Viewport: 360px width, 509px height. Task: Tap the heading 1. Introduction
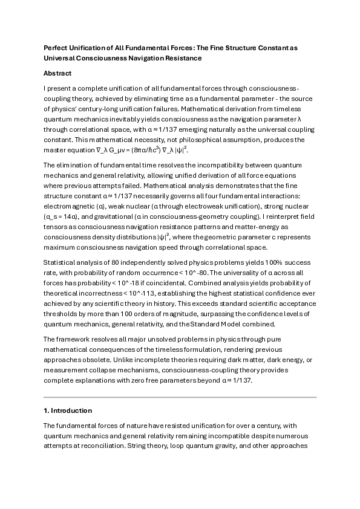[68, 410]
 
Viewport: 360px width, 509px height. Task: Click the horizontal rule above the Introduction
[180, 397]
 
